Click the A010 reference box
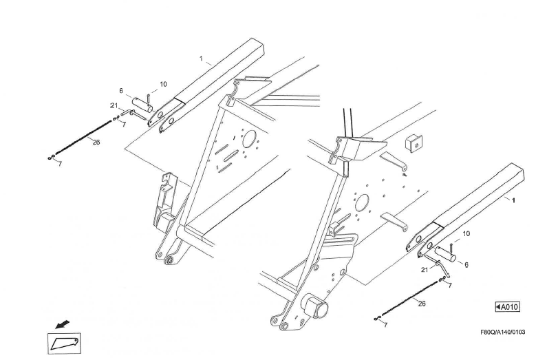coord(507,306)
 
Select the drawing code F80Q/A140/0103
coord(502,332)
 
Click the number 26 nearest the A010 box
coord(422,303)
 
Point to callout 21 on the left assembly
coord(114,105)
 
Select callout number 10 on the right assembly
coord(466,234)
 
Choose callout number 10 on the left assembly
coord(163,84)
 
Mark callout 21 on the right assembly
coord(424,270)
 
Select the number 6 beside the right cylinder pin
coord(466,264)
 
